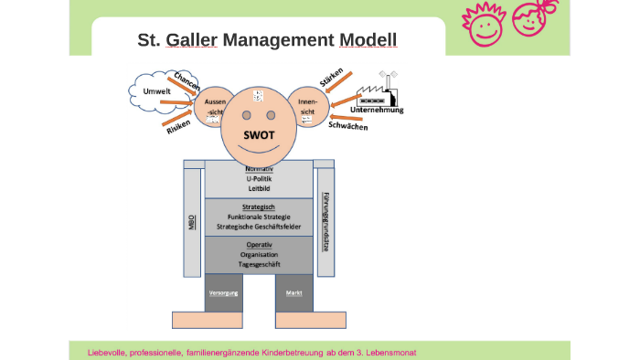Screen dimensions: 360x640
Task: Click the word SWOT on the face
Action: [260, 134]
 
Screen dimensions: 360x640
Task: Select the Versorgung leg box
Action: [224, 292]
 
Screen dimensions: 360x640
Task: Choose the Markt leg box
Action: [293, 292]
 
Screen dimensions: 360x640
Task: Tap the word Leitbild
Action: [260, 188]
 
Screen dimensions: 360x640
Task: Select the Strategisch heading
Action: [260, 207]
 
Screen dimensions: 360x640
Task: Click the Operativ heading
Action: [260, 245]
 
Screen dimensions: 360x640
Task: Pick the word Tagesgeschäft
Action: [260, 264]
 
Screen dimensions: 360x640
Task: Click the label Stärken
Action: [330, 75]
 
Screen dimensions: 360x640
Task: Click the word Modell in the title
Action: [368, 40]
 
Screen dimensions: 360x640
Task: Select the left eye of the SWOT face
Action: [247, 115]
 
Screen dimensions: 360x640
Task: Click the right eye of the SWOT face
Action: [272, 115]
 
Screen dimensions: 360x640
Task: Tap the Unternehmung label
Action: [377, 110]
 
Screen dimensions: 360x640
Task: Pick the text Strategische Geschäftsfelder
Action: [260, 226]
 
